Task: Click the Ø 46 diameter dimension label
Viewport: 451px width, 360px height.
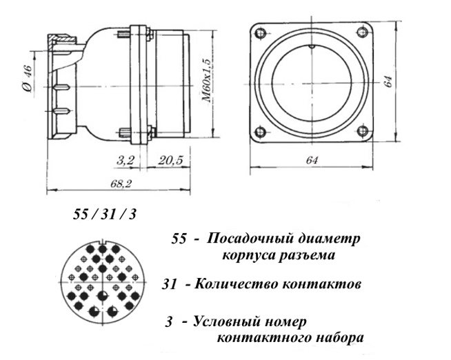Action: point(28,79)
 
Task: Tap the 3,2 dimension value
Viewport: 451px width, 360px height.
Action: point(126,160)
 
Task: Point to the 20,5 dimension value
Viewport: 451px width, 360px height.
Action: point(170,160)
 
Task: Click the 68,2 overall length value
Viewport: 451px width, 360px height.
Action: point(121,183)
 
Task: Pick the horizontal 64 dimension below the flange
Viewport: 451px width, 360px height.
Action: point(312,160)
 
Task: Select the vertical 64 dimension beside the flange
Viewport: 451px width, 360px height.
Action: point(388,81)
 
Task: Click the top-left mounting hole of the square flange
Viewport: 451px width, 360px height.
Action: point(261,32)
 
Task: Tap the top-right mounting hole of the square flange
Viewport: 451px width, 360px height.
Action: point(362,32)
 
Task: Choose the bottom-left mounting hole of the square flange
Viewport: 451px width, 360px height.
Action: point(261,132)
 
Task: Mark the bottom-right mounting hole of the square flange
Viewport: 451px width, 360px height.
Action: point(363,132)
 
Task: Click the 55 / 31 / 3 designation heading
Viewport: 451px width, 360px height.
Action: point(104,214)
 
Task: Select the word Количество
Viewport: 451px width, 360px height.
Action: point(237,284)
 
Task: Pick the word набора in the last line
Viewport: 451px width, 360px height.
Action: point(339,337)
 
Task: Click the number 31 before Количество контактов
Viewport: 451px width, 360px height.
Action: point(169,285)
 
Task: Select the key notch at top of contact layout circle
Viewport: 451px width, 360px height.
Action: point(103,243)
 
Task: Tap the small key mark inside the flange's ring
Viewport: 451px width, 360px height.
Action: point(312,47)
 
